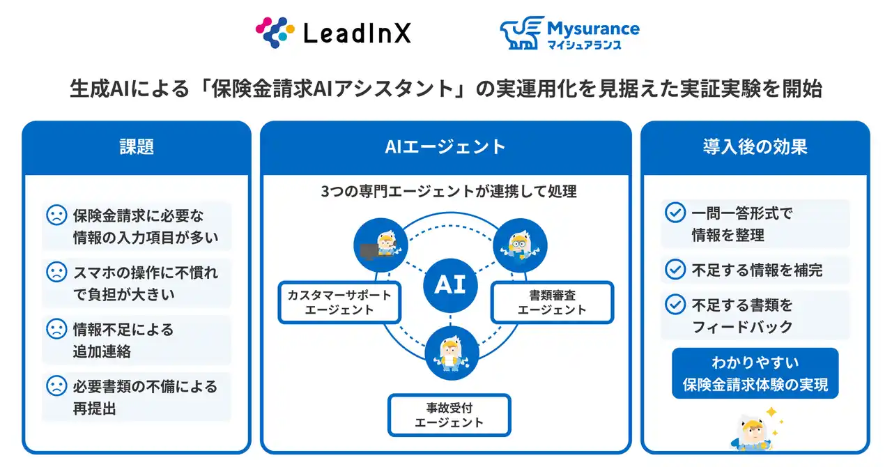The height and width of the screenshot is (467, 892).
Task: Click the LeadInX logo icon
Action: point(276,32)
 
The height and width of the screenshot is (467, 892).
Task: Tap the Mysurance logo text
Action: point(593,29)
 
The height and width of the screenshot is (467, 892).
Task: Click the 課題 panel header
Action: point(136,147)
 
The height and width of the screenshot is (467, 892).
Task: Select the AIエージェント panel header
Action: point(445,147)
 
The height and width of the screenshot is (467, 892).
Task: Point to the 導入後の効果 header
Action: point(755,147)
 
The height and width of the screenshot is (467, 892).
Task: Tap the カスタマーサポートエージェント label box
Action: point(339,302)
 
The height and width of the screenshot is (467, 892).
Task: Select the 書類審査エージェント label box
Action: point(552,302)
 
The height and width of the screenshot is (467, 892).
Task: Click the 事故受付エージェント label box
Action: point(449,415)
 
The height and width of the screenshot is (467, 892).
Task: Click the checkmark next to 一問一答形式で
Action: point(675,213)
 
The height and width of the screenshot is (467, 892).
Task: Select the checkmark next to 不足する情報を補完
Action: point(675,269)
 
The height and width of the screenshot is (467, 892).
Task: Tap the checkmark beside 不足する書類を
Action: point(675,305)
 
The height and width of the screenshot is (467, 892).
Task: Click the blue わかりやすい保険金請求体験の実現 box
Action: point(755,373)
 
